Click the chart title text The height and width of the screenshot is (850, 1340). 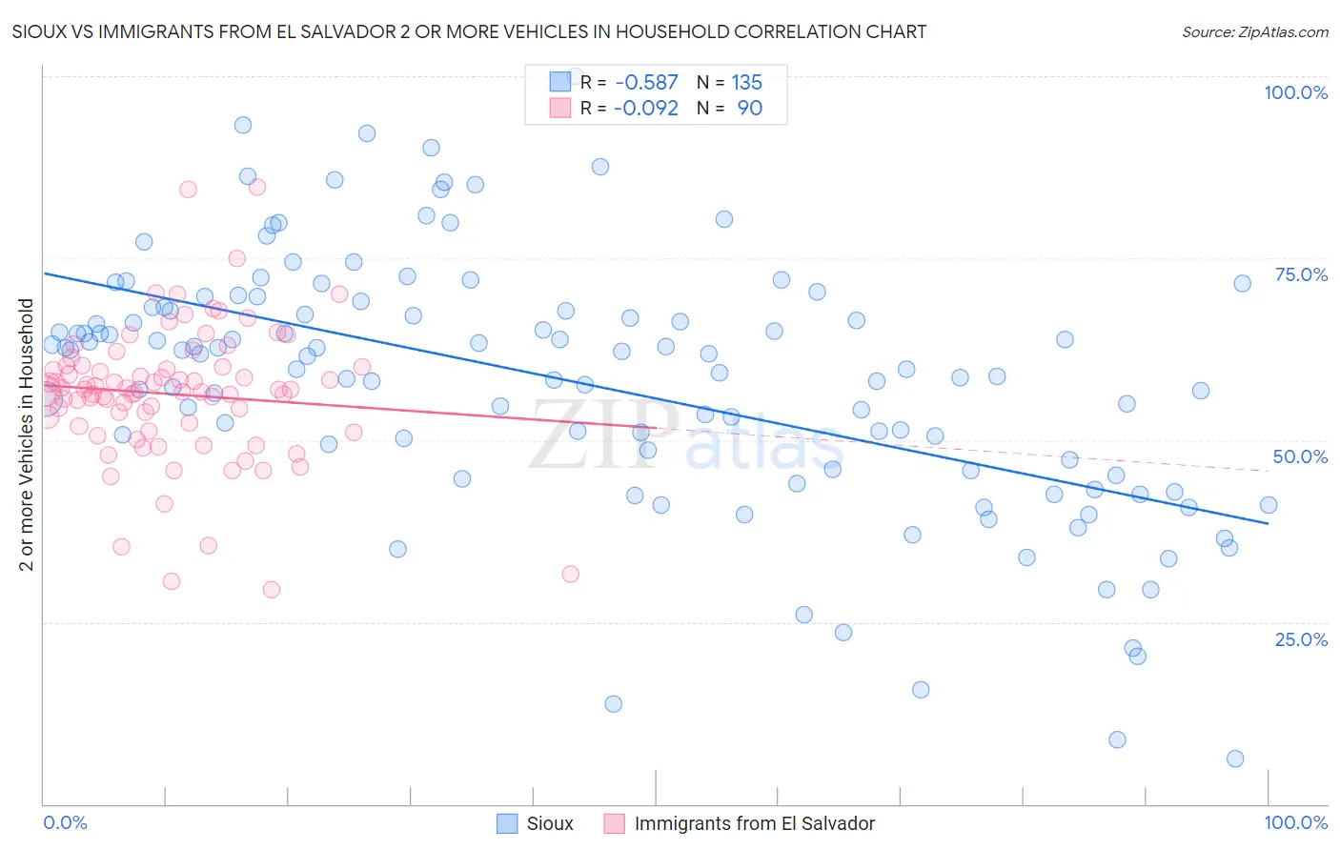coord(469,32)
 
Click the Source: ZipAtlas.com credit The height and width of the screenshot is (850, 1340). coord(1254,32)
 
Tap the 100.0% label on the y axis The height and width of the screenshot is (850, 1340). coord(1295,92)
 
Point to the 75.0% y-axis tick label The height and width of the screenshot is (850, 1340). coord(1301,274)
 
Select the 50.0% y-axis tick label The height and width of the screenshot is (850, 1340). coord(1300,456)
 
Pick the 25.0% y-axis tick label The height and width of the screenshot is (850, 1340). coord(1301,639)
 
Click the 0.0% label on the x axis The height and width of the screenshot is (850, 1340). coord(65,822)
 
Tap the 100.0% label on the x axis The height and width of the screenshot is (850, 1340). coord(1295,822)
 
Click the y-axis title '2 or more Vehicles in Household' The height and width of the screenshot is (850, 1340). coord(27,435)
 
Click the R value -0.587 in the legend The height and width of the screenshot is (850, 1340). coord(646,83)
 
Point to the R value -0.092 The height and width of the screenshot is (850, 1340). coord(646,109)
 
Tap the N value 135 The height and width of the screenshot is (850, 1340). coord(746,83)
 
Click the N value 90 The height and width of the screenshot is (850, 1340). coord(749,109)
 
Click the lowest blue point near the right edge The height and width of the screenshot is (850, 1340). coord(1235,759)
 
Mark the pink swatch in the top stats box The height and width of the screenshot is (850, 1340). coord(559,108)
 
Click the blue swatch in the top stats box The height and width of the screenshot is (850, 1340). coord(559,82)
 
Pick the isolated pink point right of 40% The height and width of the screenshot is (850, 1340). coord(570,574)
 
